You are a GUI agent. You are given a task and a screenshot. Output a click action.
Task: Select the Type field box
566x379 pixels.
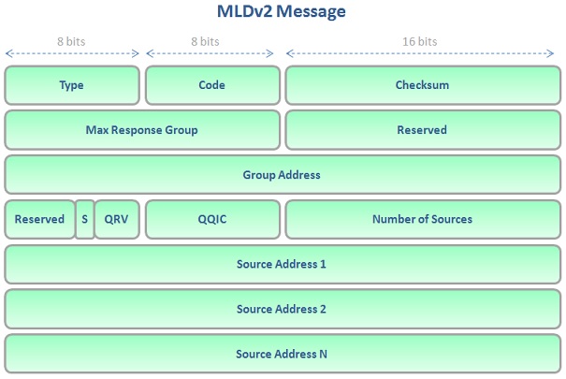72,85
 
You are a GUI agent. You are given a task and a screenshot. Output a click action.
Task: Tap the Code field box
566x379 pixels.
212,85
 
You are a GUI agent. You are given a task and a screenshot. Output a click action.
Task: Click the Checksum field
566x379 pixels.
422,85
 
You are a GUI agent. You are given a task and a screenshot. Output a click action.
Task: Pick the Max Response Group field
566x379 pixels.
142,130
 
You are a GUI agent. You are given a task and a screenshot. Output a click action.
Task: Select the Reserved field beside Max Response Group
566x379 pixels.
422,130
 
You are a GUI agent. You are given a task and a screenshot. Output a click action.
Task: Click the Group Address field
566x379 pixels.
282,175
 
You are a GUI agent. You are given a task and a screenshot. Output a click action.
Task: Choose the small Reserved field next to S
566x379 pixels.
39,220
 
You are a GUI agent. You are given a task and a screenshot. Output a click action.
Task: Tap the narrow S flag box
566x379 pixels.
84,220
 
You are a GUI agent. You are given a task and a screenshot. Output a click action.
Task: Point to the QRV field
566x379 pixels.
117,220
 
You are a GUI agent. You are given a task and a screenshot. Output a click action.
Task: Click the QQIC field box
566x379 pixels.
212,220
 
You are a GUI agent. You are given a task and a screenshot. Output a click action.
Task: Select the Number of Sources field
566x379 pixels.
422,220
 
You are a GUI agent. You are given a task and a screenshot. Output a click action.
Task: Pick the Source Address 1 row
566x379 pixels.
282,265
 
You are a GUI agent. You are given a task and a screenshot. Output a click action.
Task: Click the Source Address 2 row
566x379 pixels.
282,310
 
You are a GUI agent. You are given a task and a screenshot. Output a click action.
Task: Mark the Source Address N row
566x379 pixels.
282,355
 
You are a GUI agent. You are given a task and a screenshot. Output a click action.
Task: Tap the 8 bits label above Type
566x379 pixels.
72,41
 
